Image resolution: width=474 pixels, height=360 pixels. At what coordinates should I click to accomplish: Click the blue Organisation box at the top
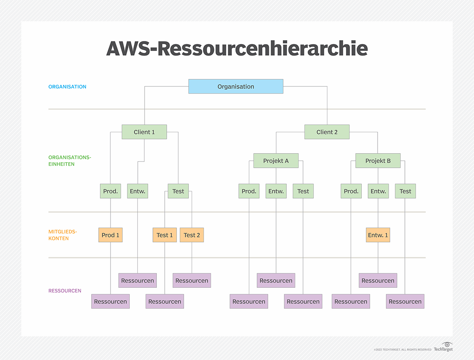pyautogui.click(x=236, y=86)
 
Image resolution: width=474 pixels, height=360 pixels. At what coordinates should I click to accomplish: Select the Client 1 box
pyautogui.click(x=144, y=132)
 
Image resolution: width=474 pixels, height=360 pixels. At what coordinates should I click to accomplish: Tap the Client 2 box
pyautogui.click(x=327, y=132)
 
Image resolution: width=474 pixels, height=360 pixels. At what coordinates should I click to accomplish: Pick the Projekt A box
pyautogui.click(x=276, y=161)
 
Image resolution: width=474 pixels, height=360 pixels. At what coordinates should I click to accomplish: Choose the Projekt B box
pyautogui.click(x=378, y=161)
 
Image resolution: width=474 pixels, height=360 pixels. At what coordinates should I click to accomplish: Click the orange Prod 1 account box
pyautogui.click(x=110, y=235)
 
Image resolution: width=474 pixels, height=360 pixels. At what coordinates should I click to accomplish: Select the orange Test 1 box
pyautogui.click(x=164, y=235)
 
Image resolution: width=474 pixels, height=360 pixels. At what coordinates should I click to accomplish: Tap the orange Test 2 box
pyautogui.click(x=192, y=235)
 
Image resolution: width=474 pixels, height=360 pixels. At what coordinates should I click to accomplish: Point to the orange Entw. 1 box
pyautogui.click(x=378, y=235)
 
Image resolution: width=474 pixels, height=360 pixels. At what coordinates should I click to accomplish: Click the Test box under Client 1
pyautogui.click(x=178, y=191)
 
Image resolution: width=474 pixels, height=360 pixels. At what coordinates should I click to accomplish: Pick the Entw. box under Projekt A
pyautogui.click(x=276, y=191)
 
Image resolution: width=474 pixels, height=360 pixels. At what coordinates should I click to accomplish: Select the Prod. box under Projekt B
pyautogui.click(x=351, y=191)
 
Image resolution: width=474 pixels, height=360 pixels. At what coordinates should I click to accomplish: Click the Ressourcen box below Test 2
pyautogui.click(x=192, y=281)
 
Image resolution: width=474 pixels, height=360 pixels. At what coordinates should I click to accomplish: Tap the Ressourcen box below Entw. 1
pyautogui.click(x=378, y=281)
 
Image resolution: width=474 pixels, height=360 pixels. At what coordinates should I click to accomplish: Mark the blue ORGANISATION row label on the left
pyautogui.click(x=67, y=87)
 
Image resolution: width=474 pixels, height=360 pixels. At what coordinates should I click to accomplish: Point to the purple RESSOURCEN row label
pyautogui.click(x=65, y=291)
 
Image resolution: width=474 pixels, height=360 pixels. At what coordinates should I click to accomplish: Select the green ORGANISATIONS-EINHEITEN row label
pyautogui.click(x=70, y=161)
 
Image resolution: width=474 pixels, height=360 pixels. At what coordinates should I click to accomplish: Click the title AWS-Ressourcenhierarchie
pyautogui.click(x=237, y=49)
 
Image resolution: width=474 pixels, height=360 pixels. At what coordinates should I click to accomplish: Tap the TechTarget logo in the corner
pyautogui.click(x=443, y=347)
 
